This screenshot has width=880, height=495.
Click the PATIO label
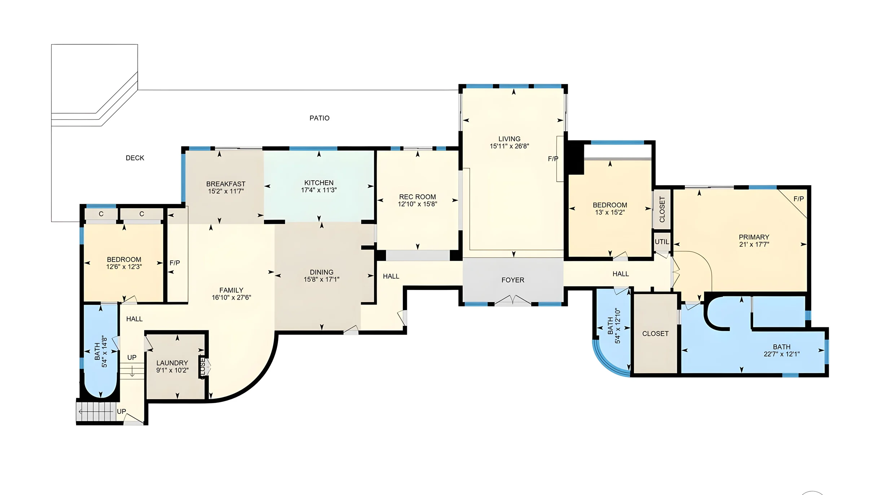pos(319,118)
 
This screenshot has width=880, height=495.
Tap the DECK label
pos(135,158)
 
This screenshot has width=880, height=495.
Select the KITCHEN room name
pos(319,182)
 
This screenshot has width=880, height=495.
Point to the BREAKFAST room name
pos(226,184)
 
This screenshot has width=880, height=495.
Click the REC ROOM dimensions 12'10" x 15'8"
pos(417,204)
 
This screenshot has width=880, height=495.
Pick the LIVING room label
pos(509,139)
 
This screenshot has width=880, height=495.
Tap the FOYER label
pos(512,280)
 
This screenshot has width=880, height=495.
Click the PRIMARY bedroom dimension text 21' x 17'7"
pos(754,244)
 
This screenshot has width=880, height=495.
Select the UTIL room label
pos(662,242)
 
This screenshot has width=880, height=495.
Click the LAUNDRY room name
pos(172,363)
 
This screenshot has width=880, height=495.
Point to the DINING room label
pos(321,272)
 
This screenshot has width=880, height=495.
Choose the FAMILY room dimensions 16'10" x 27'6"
pos(231,297)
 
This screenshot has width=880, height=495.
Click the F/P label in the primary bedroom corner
pos(798,199)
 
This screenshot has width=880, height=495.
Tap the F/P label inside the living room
pos(553,159)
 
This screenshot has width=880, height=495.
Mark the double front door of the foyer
pos(512,300)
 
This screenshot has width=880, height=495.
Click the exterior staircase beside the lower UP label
pos(96,411)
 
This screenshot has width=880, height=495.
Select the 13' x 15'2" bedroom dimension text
pos(610,212)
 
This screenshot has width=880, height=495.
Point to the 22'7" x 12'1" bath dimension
pos(782,354)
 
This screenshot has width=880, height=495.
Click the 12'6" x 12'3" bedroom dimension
pos(124,267)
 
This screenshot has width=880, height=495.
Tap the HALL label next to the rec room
pos(391,277)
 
